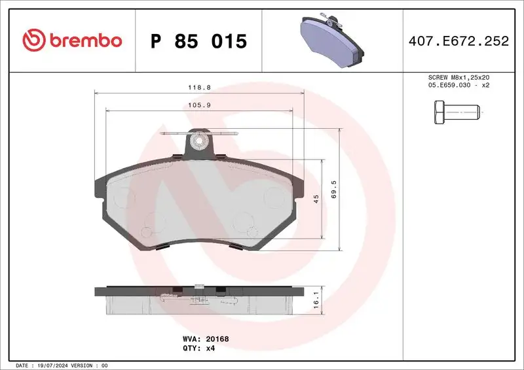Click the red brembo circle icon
32,41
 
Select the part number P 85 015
198,41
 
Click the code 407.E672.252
458,41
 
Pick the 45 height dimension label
316,199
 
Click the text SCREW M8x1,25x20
458,77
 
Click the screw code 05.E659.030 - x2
458,85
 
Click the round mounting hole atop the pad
196,140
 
